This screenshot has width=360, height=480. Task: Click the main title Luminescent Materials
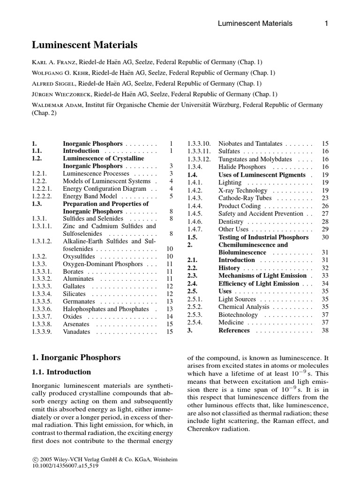click(x=84, y=45)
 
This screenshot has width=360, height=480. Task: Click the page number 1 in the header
click(x=326, y=23)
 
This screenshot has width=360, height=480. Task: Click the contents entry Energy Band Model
click(x=88, y=196)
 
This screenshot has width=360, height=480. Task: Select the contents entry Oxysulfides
click(x=79, y=256)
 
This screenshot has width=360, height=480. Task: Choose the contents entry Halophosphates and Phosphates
click(x=105, y=309)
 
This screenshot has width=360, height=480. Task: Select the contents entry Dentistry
click(x=231, y=221)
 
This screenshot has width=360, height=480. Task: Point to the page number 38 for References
click(x=325, y=330)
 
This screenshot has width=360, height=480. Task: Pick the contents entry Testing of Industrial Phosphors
click(x=263, y=237)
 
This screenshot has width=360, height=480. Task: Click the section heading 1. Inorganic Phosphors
click(x=76, y=357)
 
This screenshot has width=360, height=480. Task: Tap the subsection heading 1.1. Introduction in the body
click(x=61, y=372)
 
